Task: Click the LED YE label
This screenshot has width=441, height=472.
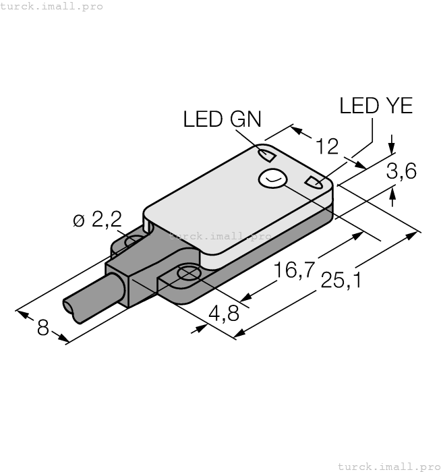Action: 376,106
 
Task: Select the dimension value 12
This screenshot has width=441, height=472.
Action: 327,146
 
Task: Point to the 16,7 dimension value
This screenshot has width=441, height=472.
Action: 294,271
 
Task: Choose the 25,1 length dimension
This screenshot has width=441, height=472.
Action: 341,280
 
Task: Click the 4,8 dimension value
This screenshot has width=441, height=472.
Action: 224,314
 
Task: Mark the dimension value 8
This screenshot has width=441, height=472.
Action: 43,328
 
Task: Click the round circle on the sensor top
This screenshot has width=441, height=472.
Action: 272,179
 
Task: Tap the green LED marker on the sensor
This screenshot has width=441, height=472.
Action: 268,156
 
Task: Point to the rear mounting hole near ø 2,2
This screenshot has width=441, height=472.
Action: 135,241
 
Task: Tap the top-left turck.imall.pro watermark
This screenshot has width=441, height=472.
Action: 52,6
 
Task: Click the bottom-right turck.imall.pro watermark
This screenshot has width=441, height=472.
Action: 388,465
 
